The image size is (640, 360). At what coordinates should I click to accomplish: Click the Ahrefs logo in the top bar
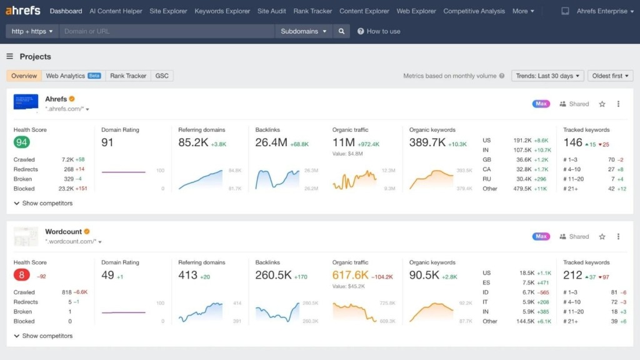(23, 11)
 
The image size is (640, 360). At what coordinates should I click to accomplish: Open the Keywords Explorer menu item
(222, 11)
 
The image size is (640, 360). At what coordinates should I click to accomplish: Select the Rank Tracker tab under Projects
(128, 76)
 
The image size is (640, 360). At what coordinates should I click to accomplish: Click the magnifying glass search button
(341, 31)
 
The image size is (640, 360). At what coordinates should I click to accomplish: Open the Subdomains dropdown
(303, 31)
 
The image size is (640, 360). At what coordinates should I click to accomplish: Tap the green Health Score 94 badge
(22, 142)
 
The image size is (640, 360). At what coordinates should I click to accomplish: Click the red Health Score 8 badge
(22, 275)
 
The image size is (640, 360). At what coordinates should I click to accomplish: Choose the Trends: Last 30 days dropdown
(547, 76)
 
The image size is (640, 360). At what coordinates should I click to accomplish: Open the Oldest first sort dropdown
(610, 76)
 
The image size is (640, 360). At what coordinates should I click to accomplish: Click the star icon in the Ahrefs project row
(602, 104)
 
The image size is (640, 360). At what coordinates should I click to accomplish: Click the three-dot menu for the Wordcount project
(618, 237)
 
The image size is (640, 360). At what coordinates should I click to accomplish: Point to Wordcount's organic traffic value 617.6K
(350, 275)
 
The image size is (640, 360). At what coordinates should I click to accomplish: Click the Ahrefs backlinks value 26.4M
(271, 142)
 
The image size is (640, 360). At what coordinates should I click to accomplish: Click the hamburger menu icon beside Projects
(10, 56)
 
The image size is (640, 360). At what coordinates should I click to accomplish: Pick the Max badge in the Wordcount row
(541, 237)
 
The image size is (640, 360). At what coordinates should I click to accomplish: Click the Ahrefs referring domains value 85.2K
(193, 142)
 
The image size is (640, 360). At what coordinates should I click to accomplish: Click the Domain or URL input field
(167, 31)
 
